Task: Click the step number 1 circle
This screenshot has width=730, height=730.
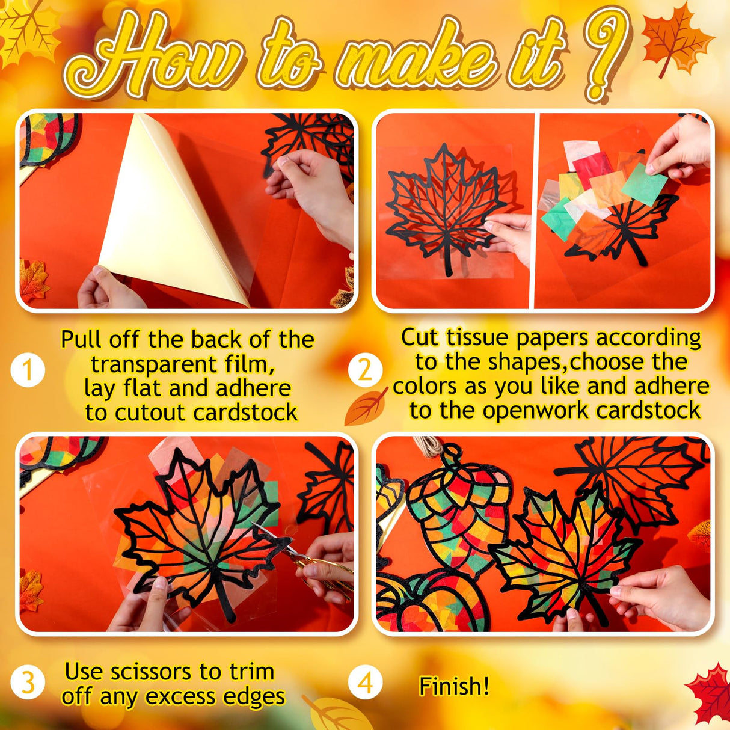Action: pyautogui.click(x=28, y=369)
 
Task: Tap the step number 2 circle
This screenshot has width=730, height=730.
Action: pyautogui.click(x=365, y=370)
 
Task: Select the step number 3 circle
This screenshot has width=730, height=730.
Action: pyautogui.click(x=28, y=683)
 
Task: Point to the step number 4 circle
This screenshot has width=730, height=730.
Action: pyautogui.click(x=365, y=683)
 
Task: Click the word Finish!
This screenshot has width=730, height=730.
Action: pyautogui.click(x=454, y=686)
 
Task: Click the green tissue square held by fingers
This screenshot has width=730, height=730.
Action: pyautogui.click(x=643, y=183)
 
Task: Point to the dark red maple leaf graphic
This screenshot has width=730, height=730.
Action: pyautogui.click(x=710, y=695)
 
